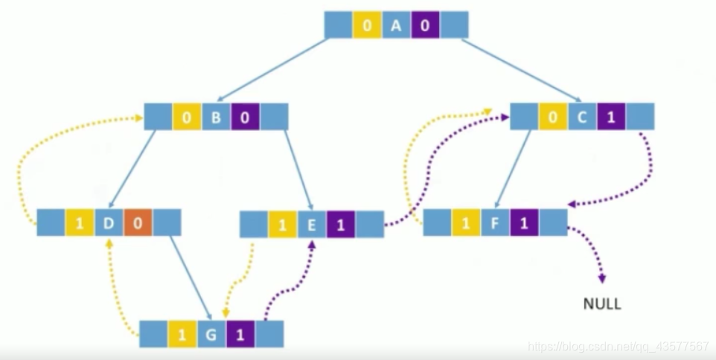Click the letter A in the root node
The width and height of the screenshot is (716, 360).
396,25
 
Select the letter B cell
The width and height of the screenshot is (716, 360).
216,117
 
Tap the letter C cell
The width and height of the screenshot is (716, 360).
582,117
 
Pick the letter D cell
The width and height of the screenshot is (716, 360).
109,222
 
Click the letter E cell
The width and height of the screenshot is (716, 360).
312,225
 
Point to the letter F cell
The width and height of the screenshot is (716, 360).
495,222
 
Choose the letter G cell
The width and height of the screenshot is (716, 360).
211,334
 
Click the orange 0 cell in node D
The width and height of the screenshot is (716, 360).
138,222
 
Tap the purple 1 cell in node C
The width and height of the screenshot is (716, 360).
611,117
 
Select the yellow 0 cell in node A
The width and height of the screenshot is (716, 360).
367,25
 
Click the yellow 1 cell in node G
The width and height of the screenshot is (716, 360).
182,334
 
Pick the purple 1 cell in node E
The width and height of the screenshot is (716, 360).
341,225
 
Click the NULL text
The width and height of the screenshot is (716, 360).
601,303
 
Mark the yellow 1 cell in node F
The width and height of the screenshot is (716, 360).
466,222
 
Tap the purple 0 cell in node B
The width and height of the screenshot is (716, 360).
245,117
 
